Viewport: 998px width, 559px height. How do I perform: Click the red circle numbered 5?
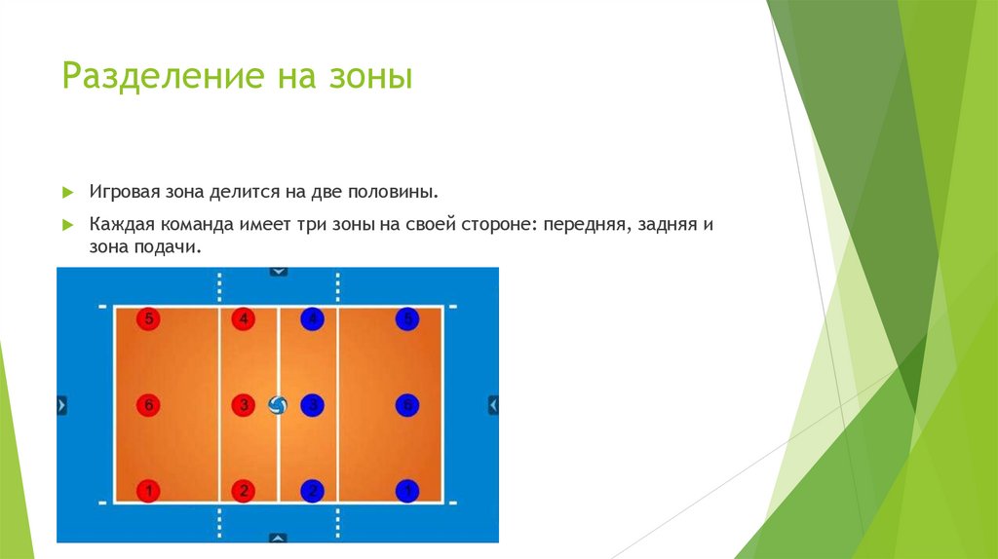click(147, 318)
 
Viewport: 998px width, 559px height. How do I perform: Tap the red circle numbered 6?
click(147, 404)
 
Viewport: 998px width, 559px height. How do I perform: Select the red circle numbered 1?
click(147, 491)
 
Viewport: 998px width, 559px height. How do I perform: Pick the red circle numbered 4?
click(244, 318)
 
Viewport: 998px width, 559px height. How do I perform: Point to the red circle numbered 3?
click(244, 404)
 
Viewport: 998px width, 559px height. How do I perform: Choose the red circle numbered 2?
click(244, 491)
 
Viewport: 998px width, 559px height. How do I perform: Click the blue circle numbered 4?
click(312, 318)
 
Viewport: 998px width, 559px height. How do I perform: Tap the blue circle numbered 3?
click(312, 404)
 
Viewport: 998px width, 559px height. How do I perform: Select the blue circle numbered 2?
click(312, 491)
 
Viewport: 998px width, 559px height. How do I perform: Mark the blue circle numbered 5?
click(407, 318)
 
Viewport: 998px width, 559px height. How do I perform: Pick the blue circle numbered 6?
click(407, 404)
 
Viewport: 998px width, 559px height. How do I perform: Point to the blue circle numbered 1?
click(407, 491)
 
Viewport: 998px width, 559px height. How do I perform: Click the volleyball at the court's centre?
click(278, 405)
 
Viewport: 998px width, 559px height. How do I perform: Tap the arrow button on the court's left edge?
click(62, 404)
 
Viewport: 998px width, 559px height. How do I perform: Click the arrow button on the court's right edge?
click(493, 404)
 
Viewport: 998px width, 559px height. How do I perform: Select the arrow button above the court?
click(279, 272)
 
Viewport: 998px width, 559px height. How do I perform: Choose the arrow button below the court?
click(279, 537)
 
